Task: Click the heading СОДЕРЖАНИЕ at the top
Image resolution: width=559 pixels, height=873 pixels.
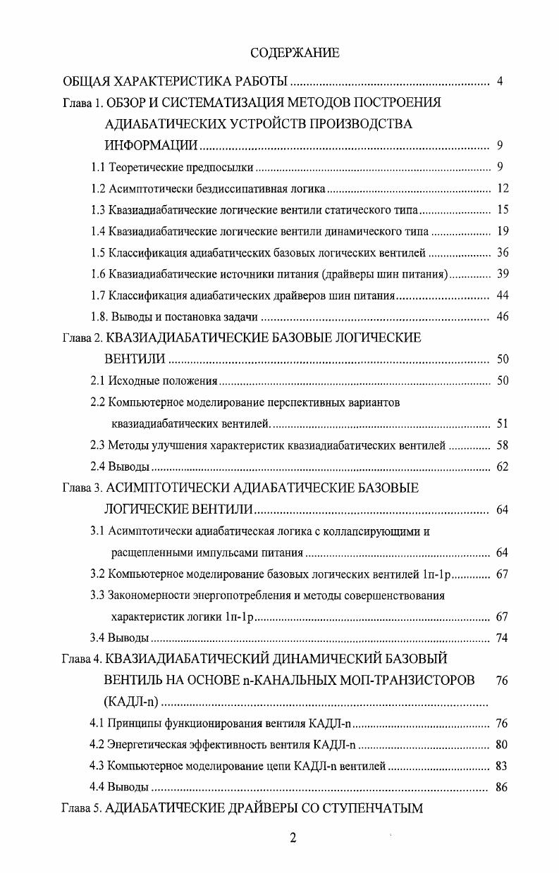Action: pyautogui.click(x=295, y=53)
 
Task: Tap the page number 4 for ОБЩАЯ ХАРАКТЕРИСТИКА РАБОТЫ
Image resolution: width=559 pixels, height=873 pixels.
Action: pyautogui.click(x=499, y=81)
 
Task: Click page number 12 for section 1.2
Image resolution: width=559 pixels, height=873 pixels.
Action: pyautogui.click(x=502, y=189)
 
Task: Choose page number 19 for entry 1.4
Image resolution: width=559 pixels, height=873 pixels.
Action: pyautogui.click(x=502, y=231)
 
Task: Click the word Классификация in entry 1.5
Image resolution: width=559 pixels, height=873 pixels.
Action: pyautogui.click(x=145, y=252)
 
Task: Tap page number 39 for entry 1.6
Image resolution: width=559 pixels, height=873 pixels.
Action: pyautogui.click(x=502, y=273)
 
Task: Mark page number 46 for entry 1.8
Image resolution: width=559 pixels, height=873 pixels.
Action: pyautogui.click(x=502, y=316)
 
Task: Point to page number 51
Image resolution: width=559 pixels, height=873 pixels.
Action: pyautogui.click(x=502, y=423)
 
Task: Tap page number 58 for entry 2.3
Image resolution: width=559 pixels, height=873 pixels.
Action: pyautogui.click(x=502, y=445)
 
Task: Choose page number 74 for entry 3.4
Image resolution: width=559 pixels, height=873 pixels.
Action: pyautogui.click(x=502, y=638)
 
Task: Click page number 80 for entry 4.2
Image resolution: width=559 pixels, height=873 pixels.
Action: pyautogui.click(x=502, y=745)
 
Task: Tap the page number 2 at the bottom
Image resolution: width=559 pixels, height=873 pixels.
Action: pyautogui.click(x=293, y=838)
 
